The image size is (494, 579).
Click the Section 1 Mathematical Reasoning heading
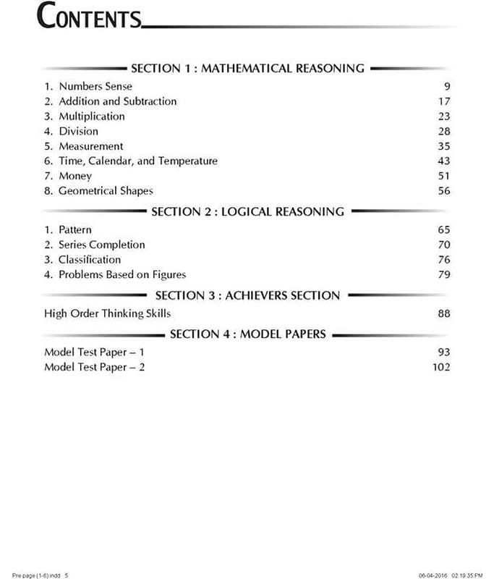(247, 69)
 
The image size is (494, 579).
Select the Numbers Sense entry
(95, 86)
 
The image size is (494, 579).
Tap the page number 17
(443, 101)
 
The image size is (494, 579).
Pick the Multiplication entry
(91, 117)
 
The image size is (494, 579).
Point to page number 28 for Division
(443, 131)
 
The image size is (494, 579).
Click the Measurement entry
(90, 146)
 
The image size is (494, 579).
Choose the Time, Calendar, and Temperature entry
(137, 161)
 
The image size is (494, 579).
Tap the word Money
(75, 176)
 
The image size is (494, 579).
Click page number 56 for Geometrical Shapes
(443, 191)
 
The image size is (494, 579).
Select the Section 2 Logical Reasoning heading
(247, 212)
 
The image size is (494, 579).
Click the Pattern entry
(75, 230)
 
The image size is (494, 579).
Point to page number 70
(443, 245)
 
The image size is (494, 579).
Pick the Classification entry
(90, 259)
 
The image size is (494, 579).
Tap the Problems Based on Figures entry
(122, 274)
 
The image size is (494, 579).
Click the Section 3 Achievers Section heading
(247, 295)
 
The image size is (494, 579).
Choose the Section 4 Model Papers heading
(247, 334)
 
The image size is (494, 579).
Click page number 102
(440, 367)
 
